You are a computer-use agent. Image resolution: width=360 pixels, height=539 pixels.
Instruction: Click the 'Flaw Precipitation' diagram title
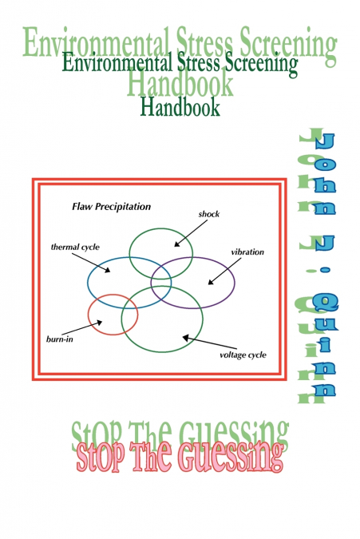pyautogui.click(x=111, y=207)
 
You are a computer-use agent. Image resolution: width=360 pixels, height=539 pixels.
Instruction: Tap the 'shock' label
pyautogui.click(x=209, y=214)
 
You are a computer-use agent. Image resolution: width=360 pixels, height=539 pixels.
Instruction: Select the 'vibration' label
pyautogui.click(x=247, y=252)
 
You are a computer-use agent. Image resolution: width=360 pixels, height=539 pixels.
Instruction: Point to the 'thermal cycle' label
pyautogui.click(x=75, y=248)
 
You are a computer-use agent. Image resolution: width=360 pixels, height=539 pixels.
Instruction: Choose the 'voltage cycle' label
pyautogui.click(x=242, y=355)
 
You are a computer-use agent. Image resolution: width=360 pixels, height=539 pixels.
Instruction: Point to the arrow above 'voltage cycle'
pyautogui.click(x=200, y=341)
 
